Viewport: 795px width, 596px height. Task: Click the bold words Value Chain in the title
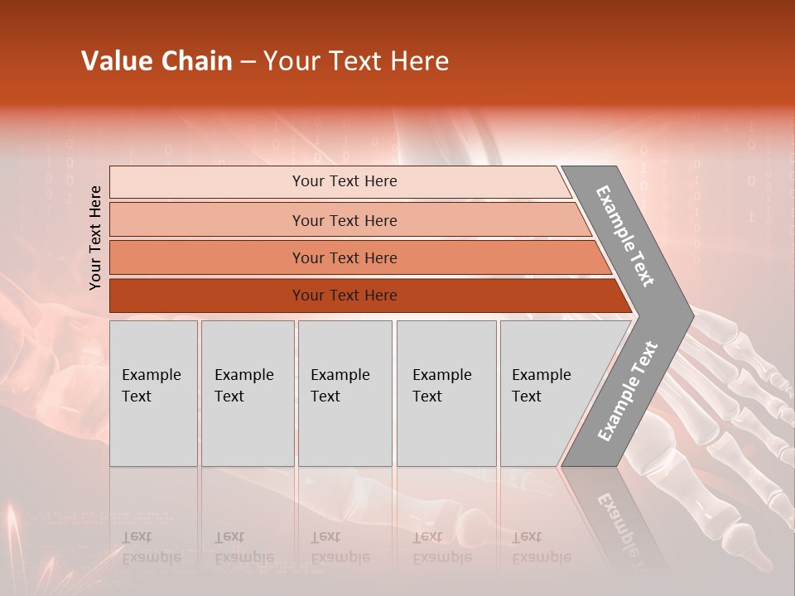[157, 61]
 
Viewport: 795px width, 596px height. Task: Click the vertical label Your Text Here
[95, 238]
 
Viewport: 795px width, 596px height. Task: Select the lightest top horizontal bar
[207, 182]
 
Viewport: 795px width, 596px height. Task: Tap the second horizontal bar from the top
[207, 220]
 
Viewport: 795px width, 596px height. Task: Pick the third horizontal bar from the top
[207, 257]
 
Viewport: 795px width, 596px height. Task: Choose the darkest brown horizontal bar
[207, 296]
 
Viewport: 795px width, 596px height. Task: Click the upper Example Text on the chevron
[625, 236]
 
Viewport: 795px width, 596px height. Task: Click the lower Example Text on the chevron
[628, 391]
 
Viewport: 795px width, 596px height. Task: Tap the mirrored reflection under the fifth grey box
[541, 547]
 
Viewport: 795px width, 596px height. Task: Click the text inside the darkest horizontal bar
[344, 296]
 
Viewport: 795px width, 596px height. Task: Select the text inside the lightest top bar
[344, 181]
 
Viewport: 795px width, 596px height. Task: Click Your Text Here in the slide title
[356, 61]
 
